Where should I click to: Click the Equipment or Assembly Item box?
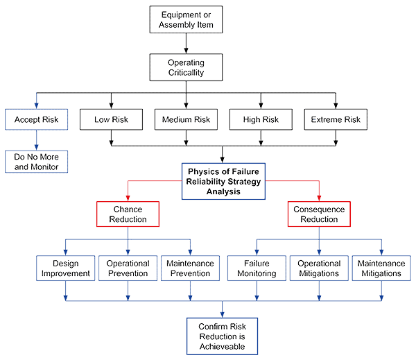(x=186, y=20)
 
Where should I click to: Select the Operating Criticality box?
(x=186, y=67)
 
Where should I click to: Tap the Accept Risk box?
(x=37, y=119)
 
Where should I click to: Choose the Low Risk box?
(x=112, y=119)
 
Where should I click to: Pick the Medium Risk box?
(x=186, y=119)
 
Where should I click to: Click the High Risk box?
(x=261, y=119)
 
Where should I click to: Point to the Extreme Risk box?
(x=336, y=119)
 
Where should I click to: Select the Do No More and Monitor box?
(x=37, y=162)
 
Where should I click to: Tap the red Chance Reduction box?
(x=128, y=214)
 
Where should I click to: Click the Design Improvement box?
(x=66, y=268)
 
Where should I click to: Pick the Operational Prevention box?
(x=128, y=268)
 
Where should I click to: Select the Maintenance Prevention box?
(x=190, y=268)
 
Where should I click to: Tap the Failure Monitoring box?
(x=257, y=268)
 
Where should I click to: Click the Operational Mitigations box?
(x=319, y=268)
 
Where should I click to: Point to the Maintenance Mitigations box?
(x=381, y=268)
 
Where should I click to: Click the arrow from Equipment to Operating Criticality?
(x=186, y=44)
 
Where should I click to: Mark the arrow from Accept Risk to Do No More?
(x=37, y=140)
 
